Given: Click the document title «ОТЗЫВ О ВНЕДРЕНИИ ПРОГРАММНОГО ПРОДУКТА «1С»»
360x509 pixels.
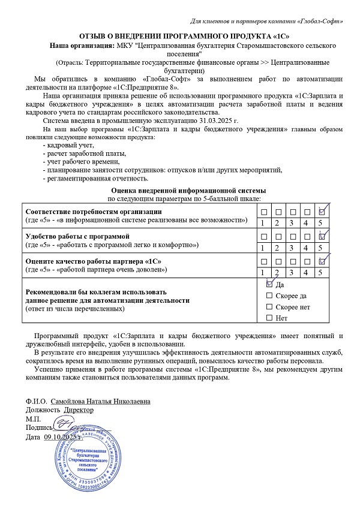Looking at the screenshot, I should point(180,35).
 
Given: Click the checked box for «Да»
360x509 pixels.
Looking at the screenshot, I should point(269,285).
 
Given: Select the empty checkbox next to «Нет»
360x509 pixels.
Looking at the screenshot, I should point(269,317).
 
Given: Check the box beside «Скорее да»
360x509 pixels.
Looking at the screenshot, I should point(269,296).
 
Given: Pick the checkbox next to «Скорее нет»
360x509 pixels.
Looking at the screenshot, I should point(269,306).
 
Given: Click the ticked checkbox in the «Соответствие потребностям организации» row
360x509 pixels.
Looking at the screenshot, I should point(322,212).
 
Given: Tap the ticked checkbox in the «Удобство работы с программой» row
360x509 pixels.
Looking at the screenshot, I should point(322,236).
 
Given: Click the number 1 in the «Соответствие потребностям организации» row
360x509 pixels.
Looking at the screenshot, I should point(264,223).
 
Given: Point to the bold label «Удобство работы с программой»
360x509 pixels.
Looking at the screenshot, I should point(73,236).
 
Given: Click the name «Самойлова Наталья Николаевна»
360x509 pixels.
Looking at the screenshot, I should point(100,400).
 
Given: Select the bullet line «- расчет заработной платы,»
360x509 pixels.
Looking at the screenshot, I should point(80,153).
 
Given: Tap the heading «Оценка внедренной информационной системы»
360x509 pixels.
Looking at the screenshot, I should point(184,189).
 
